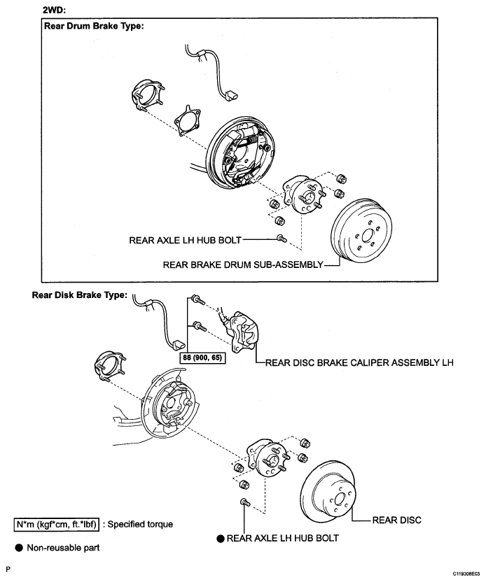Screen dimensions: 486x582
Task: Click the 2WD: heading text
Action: click(54, 10)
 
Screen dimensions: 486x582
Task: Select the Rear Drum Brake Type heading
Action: click(94, 26)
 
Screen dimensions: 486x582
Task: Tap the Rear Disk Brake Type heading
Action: click(80, 295)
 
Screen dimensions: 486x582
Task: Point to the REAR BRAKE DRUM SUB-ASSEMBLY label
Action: click(243, 264)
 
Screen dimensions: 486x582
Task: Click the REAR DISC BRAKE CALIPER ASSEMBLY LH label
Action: click(359, 362)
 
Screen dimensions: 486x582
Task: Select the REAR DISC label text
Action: click(397, 520)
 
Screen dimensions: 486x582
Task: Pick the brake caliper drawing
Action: click(244, 332)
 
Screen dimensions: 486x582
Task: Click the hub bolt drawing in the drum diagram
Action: click(282, 238)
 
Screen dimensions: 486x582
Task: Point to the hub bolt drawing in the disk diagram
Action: click(245, 503)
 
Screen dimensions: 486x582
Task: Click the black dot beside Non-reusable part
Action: click(19, 548)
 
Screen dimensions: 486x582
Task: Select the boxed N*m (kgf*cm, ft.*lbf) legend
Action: click(57, 525)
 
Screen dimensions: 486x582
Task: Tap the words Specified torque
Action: click(140, 525)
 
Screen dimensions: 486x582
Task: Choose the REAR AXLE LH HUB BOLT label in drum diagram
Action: click(185, 240)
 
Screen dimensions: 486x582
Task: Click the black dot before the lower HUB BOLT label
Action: click(221, 538)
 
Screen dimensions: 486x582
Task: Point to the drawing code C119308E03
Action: click(466, 574)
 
